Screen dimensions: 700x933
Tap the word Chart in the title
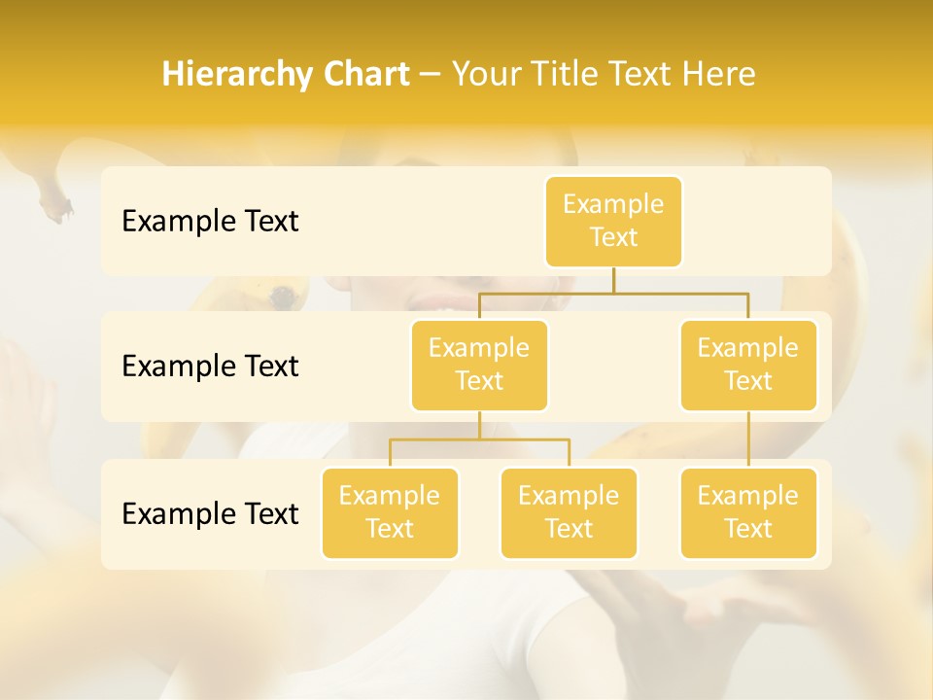point(364,75)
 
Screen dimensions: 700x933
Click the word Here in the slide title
point(718,75)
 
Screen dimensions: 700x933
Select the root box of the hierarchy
point(613,221)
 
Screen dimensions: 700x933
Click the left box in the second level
point(479,365)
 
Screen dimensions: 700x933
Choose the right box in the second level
point(748,365)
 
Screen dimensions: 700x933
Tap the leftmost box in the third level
point(390,512)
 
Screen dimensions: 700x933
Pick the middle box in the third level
point(569,512)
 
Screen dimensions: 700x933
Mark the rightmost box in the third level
point(748,512)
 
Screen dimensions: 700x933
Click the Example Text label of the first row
point(210,221)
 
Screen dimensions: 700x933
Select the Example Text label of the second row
point(210,366)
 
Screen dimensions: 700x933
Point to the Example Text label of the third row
point(210,513)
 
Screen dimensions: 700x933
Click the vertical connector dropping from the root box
point(613,280)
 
